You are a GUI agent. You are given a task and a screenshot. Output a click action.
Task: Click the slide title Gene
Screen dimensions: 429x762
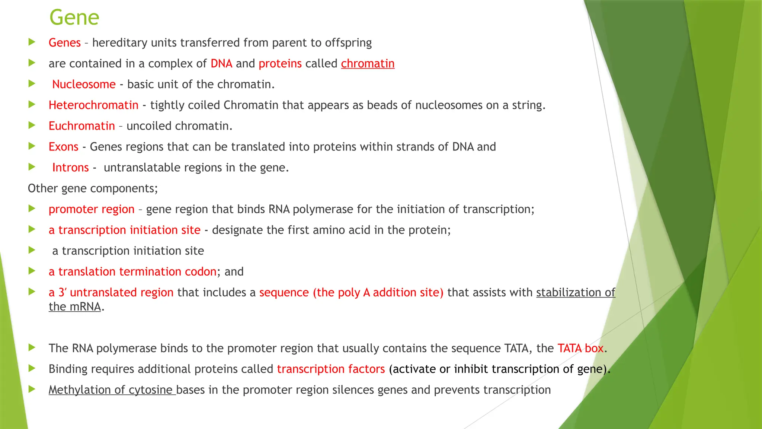pos(74,18)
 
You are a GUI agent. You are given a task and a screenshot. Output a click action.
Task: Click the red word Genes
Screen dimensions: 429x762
pos(64,43)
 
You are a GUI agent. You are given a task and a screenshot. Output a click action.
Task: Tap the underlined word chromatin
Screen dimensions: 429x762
pos(368,64)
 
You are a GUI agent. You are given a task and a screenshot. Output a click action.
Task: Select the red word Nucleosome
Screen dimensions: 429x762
pos(84,85)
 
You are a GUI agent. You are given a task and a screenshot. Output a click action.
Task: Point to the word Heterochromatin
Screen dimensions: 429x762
pos(93,105)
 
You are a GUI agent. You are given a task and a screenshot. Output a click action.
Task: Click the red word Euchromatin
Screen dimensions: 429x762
pos(81,126)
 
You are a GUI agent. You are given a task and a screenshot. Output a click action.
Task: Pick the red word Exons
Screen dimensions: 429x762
pos(63,147)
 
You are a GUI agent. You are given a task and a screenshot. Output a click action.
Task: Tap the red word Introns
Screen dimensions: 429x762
pos(70,168)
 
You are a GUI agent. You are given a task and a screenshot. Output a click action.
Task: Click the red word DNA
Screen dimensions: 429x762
pos(221,64)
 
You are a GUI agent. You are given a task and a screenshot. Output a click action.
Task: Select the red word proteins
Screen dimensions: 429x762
pos(280,64)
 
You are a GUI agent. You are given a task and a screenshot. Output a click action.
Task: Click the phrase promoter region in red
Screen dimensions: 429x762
pos(92,209)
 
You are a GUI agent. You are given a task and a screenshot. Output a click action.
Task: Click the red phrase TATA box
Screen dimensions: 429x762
pos(580,348)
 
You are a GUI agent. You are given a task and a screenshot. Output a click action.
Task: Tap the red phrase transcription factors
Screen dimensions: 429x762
pos(331,369)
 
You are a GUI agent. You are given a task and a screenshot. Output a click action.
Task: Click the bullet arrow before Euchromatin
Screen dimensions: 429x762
pos(32,125)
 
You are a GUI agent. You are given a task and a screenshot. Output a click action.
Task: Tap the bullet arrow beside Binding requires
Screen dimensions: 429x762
pos(32,369)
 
